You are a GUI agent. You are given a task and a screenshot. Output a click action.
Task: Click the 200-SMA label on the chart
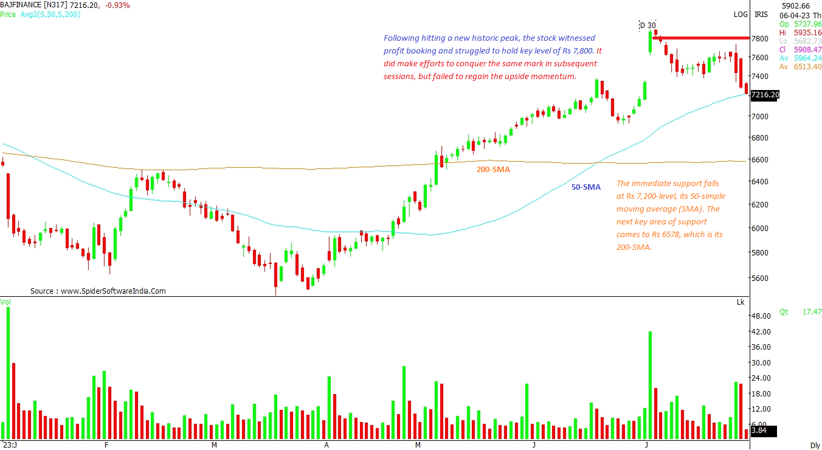point(493,170)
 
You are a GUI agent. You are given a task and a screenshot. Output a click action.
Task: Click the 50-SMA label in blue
point(585,187)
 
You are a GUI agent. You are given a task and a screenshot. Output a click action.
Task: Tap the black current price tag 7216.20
point(765,95)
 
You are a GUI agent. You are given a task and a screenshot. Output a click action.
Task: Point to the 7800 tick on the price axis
point(759,38)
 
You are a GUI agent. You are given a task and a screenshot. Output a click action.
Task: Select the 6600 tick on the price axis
point(759,159)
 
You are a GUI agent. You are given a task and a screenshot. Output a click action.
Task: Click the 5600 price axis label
point(759,278)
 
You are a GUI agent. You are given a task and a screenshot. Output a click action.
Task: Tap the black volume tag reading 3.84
point(759,431)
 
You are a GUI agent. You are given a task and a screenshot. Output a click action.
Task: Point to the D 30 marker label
point(648,25)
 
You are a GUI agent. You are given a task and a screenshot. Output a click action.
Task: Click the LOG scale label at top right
point(741,14)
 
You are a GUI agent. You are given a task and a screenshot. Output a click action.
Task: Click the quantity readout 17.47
point(812,312)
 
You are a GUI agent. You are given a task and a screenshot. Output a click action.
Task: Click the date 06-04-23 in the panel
point(793,15)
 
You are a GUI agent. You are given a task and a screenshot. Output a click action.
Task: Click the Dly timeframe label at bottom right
point(815,445)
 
